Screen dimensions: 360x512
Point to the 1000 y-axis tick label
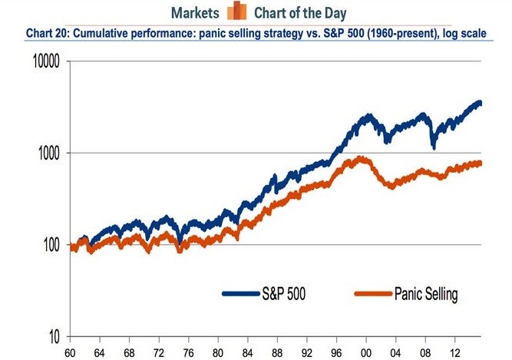coord(51,153)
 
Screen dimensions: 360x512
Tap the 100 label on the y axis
coord(54,245)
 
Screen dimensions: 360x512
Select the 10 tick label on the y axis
coord(58,336)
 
